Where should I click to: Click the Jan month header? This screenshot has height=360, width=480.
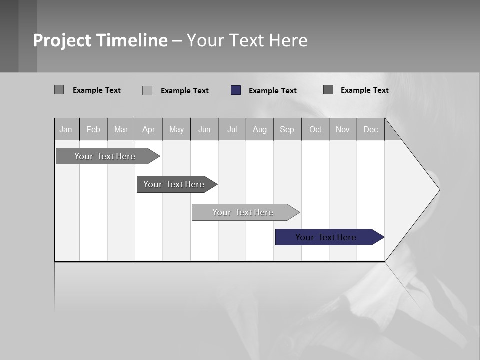[66, 129]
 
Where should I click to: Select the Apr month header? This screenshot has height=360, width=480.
[149, 129]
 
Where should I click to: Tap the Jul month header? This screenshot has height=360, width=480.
[232, 129]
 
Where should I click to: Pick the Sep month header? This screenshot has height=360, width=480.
[287, 129]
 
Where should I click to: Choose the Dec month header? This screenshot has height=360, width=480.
[370, 129]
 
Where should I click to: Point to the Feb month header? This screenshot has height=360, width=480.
[93, 129]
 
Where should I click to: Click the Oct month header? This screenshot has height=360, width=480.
[315, 129]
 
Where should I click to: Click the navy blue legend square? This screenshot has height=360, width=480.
[236, 90]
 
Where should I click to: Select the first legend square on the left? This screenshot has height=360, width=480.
[59, 90]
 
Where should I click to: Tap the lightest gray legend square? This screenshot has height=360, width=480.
[147, 90]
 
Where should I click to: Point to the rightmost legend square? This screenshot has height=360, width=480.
[328, 90]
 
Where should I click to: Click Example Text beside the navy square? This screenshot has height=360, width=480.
[272, 91]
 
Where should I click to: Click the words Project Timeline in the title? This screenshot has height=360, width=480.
[100, 40]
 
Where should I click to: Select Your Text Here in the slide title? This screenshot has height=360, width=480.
[247, 40]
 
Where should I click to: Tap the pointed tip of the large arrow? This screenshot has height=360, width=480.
[438, 190]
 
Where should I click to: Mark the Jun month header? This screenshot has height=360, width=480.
[204, 129]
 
